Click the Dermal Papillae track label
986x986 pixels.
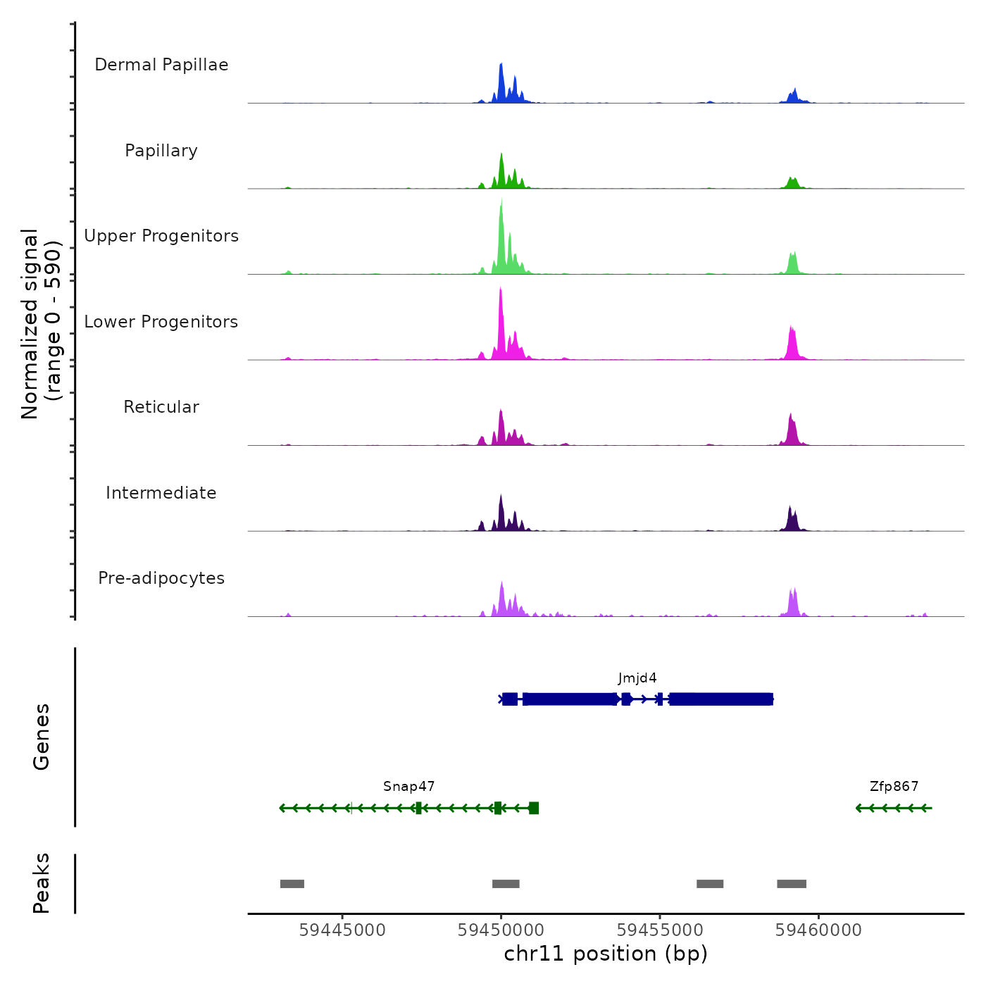coord(161,65)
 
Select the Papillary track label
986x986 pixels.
coord(161,151)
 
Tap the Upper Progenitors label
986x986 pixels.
coord(161,236)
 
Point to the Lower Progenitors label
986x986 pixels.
coord(161,322)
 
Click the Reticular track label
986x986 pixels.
coord(161,407)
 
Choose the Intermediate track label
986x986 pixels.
coord(161,493)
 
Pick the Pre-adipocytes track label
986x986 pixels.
coord(161,578)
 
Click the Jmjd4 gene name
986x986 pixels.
coord(637,678)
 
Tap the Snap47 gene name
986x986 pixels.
coord(408,787)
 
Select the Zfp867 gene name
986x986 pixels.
coord(894,787)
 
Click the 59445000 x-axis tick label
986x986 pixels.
coord(342,930)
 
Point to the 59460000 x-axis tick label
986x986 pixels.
coord(818,930)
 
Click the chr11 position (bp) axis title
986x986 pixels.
coord(606,954)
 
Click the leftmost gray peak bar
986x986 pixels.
coord(292,884)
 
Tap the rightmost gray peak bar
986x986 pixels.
coord(792,884)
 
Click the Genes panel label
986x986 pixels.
coord(41,737)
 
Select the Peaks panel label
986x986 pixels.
coord(41,883)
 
